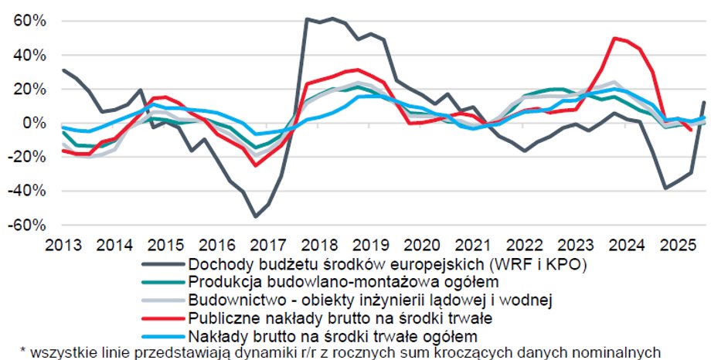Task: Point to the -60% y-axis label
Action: tap(24, 225)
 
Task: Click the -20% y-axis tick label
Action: tap(24, 157)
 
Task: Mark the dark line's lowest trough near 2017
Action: tap(256, 217)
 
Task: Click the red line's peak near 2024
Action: tap(614, 38)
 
